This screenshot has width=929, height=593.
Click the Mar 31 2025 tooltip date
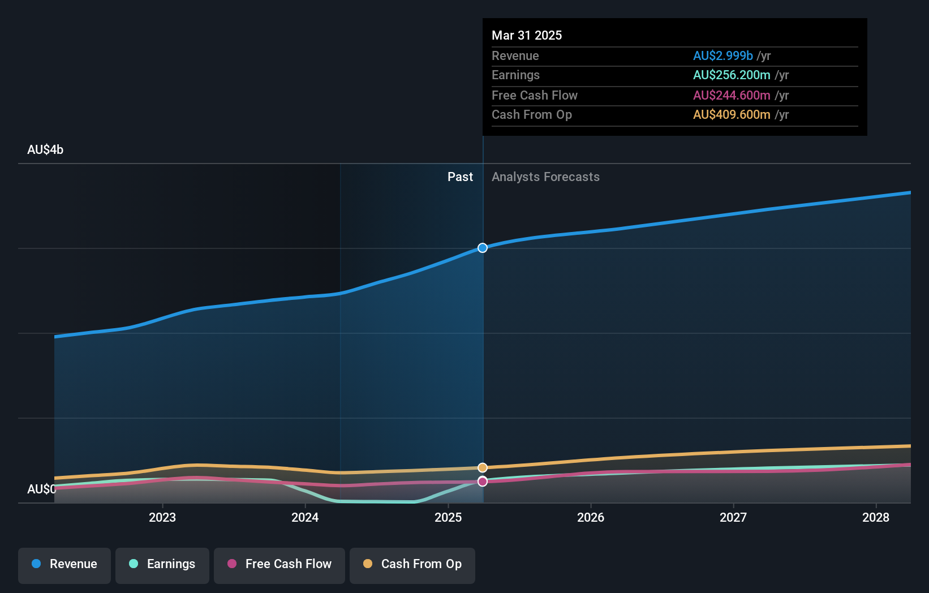click(x=526, y=35)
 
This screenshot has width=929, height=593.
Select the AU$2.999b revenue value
click(x=722, y=55)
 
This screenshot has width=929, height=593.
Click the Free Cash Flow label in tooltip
click(x=534, y=95)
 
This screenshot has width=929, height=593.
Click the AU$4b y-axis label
click(x=45, y=149)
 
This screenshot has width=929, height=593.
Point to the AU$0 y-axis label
click(x=41, y=489)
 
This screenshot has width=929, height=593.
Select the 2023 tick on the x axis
click(x=162, y=517)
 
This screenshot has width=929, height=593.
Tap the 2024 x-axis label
click(x=305, y=517)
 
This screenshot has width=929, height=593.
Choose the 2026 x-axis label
click(x=590, y=517)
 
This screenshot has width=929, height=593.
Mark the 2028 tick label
click(x=875, y=517)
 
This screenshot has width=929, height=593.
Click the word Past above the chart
click(x=460, y=177)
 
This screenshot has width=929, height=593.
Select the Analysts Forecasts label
click(x=545, y=177)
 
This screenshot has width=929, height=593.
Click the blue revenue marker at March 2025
click(x=483, y=248)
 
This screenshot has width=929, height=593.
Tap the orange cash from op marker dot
click(x=483, y=467)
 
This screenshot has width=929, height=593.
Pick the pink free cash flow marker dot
click(x=483, y=482)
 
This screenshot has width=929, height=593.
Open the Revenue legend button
click(x=64, y=564)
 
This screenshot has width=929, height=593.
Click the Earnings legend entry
click(x=162, y=564)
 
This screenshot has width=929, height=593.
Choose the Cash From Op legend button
click(x=412, y=564)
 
